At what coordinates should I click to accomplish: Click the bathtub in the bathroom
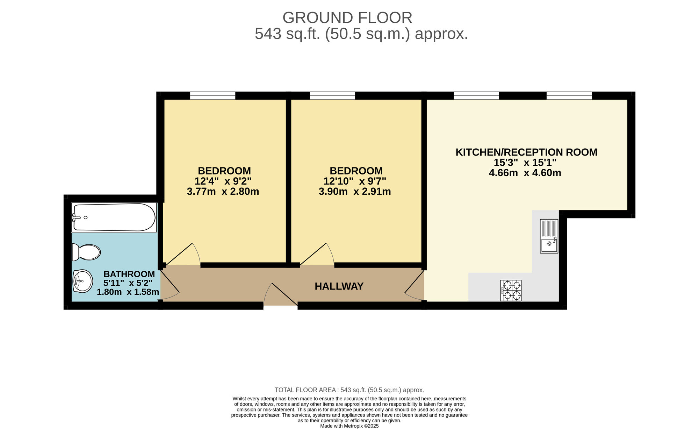click(x=114, y=217)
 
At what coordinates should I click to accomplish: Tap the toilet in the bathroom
click(x=86, y=252)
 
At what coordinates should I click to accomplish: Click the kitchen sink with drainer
click(x=549, y=236)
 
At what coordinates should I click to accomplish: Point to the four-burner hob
click(x=511, y=291)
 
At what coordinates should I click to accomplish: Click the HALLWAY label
click(x=339, y=286)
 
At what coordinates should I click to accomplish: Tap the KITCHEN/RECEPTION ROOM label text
click(x=526, y=152)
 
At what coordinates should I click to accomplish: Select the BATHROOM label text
click(x=129, y=274)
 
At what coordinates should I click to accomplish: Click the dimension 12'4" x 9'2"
click(x=223, y=181)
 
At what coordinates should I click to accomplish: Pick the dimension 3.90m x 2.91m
click(x=355, y=192)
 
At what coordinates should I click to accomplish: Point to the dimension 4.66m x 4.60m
click(x=525, y=173)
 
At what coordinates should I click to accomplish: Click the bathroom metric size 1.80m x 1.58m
click(x=128, y=292)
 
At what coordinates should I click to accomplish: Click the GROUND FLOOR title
click(x=347, y=17)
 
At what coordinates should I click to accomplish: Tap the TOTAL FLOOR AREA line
click(x=349, y=390)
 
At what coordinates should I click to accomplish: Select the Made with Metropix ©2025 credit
click(x=349, y=426)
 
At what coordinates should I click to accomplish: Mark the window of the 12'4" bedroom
click(x=212, y=95)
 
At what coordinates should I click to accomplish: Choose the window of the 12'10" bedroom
click(x=332, y=95)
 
